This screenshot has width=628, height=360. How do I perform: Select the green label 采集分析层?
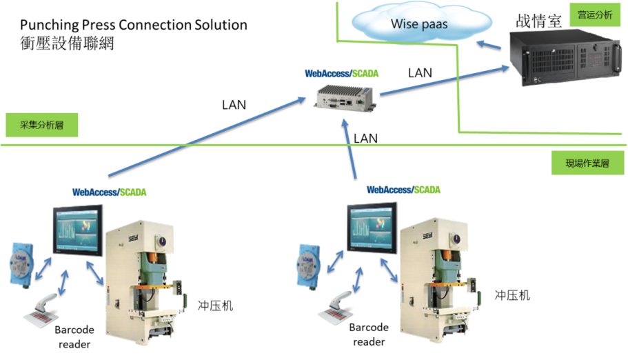click(x=42, y=126)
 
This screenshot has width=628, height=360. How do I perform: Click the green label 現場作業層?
click(x=587, y=164)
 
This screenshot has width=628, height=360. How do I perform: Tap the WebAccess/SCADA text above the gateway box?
click(x=341, y=72)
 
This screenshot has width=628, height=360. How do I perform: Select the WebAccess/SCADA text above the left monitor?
click(x=109, y=192)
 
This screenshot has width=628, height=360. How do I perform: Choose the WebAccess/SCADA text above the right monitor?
click(x=403, y=190)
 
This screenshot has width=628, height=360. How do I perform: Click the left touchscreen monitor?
click(x=78, y=230)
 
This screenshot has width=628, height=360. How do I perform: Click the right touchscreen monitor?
click(x=372, y=227)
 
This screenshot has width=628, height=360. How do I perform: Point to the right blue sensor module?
click(x=309, y=263)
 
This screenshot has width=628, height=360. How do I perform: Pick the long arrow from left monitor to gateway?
click(x=207, y=136)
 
